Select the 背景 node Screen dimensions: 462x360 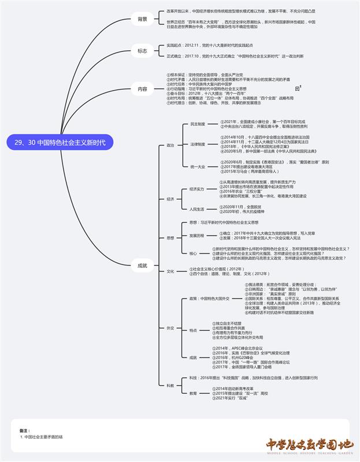(142, 19)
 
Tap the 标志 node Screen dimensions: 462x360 (142, 51)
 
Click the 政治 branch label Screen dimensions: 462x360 (170, 145)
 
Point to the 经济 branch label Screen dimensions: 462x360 (170, 199)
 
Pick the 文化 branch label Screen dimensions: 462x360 (170, 271)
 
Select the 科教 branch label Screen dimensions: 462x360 (170, 385)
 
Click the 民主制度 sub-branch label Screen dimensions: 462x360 (198, 124)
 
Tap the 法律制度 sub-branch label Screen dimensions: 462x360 (198, 144)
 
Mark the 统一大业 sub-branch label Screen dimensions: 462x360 (198, 166)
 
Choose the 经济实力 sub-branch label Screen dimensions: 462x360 (197, 189)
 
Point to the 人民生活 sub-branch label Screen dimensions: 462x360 (197, 208)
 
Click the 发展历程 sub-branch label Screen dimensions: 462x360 (197, 236)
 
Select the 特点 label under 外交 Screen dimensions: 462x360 (194, 330)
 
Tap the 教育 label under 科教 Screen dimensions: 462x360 (194, 393)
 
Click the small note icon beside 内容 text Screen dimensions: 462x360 (298, 88)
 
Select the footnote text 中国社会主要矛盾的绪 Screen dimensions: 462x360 (43, 437)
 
